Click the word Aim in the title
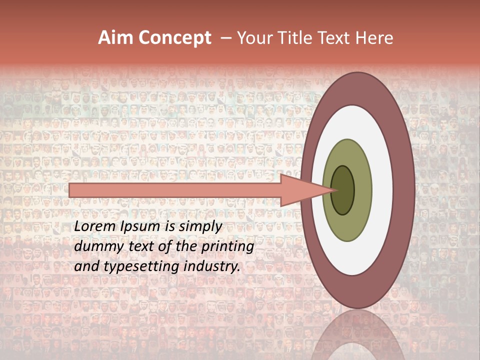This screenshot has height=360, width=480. tap(116, 38)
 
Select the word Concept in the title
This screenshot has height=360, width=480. tap(175, 38)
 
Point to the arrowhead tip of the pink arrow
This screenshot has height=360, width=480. tap(334, 190)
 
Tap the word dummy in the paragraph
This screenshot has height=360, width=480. tap(95, 247)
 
